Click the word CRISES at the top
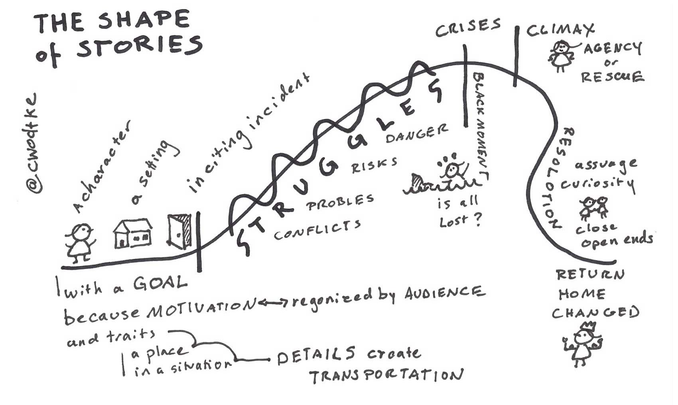467,28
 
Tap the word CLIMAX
560,30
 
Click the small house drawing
133,233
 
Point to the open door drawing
179,231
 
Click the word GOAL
160,283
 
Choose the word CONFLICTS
317,230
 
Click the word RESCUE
612,76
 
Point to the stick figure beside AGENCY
561,55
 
